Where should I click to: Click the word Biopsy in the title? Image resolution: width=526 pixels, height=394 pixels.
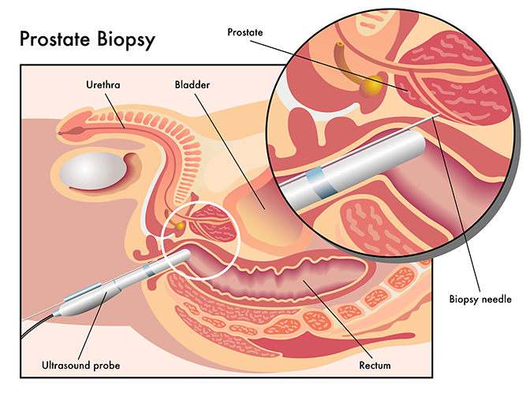pyautogui.click(x=126, y=40)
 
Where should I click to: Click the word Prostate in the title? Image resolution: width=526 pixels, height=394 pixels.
pyautogui.click(x=55, y=39)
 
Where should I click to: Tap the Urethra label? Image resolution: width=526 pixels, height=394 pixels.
pyautogui.click(x=103, y=84)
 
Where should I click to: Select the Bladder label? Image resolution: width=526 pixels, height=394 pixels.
pyautogui.click(x=192, y=84)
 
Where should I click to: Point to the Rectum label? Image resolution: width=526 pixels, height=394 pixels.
pyautogui.click(x=375, y=365)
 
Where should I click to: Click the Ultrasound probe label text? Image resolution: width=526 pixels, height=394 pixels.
pyautogui.click(x=81, y=365)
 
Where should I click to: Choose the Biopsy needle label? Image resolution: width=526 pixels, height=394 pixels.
pyautogui.click(x=480, y=299)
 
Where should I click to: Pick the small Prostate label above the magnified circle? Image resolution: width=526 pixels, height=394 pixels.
pyautogui.click(x=245, y=32)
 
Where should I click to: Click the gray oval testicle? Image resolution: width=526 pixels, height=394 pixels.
pyautogui.click(x=93, y=171)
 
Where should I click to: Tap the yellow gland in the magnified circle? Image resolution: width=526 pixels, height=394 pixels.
pyautogui.click(x=371, y=86)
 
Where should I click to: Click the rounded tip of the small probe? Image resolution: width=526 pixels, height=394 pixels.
pyautogui.click(x=187, y=255)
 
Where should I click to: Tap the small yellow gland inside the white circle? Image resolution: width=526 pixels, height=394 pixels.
pyautogui.click(x=180, y=226)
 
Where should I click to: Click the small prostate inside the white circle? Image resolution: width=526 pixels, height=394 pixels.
pyautogui.click(x=213, y=223)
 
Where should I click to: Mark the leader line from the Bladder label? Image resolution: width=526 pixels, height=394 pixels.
pyautogui.click(x=229, y=151)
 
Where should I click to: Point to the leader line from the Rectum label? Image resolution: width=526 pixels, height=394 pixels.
pyautogui.click(x=338, y=320)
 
